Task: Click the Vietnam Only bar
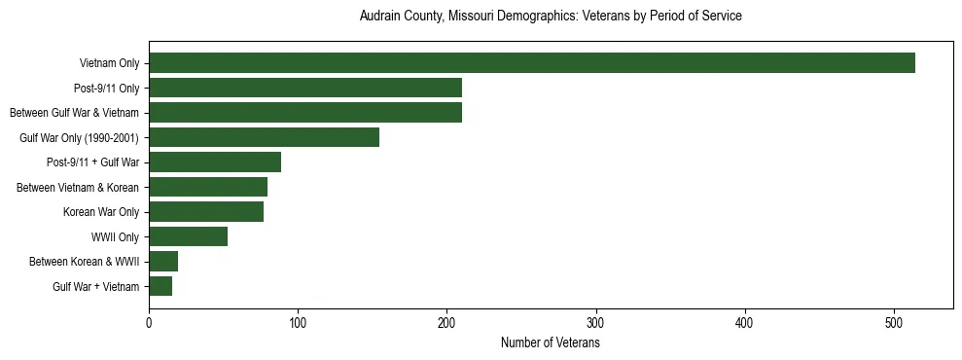[532, 63]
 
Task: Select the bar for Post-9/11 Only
[305, 89]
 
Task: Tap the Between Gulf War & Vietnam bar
[305, 113]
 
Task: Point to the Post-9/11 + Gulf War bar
[215, 162]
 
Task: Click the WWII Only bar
[188, 236]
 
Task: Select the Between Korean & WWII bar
[163, 262]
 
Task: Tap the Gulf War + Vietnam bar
[160, 286]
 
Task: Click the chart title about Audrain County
[551, 17]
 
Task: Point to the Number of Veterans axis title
[551, 343]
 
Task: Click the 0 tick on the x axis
[149, 323]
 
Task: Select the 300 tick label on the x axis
[596, 323]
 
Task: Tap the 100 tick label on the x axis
[298, 323]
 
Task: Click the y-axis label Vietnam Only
[109, 64]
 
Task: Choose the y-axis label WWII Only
[115, 237]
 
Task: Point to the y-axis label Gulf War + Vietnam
[96, 287]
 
